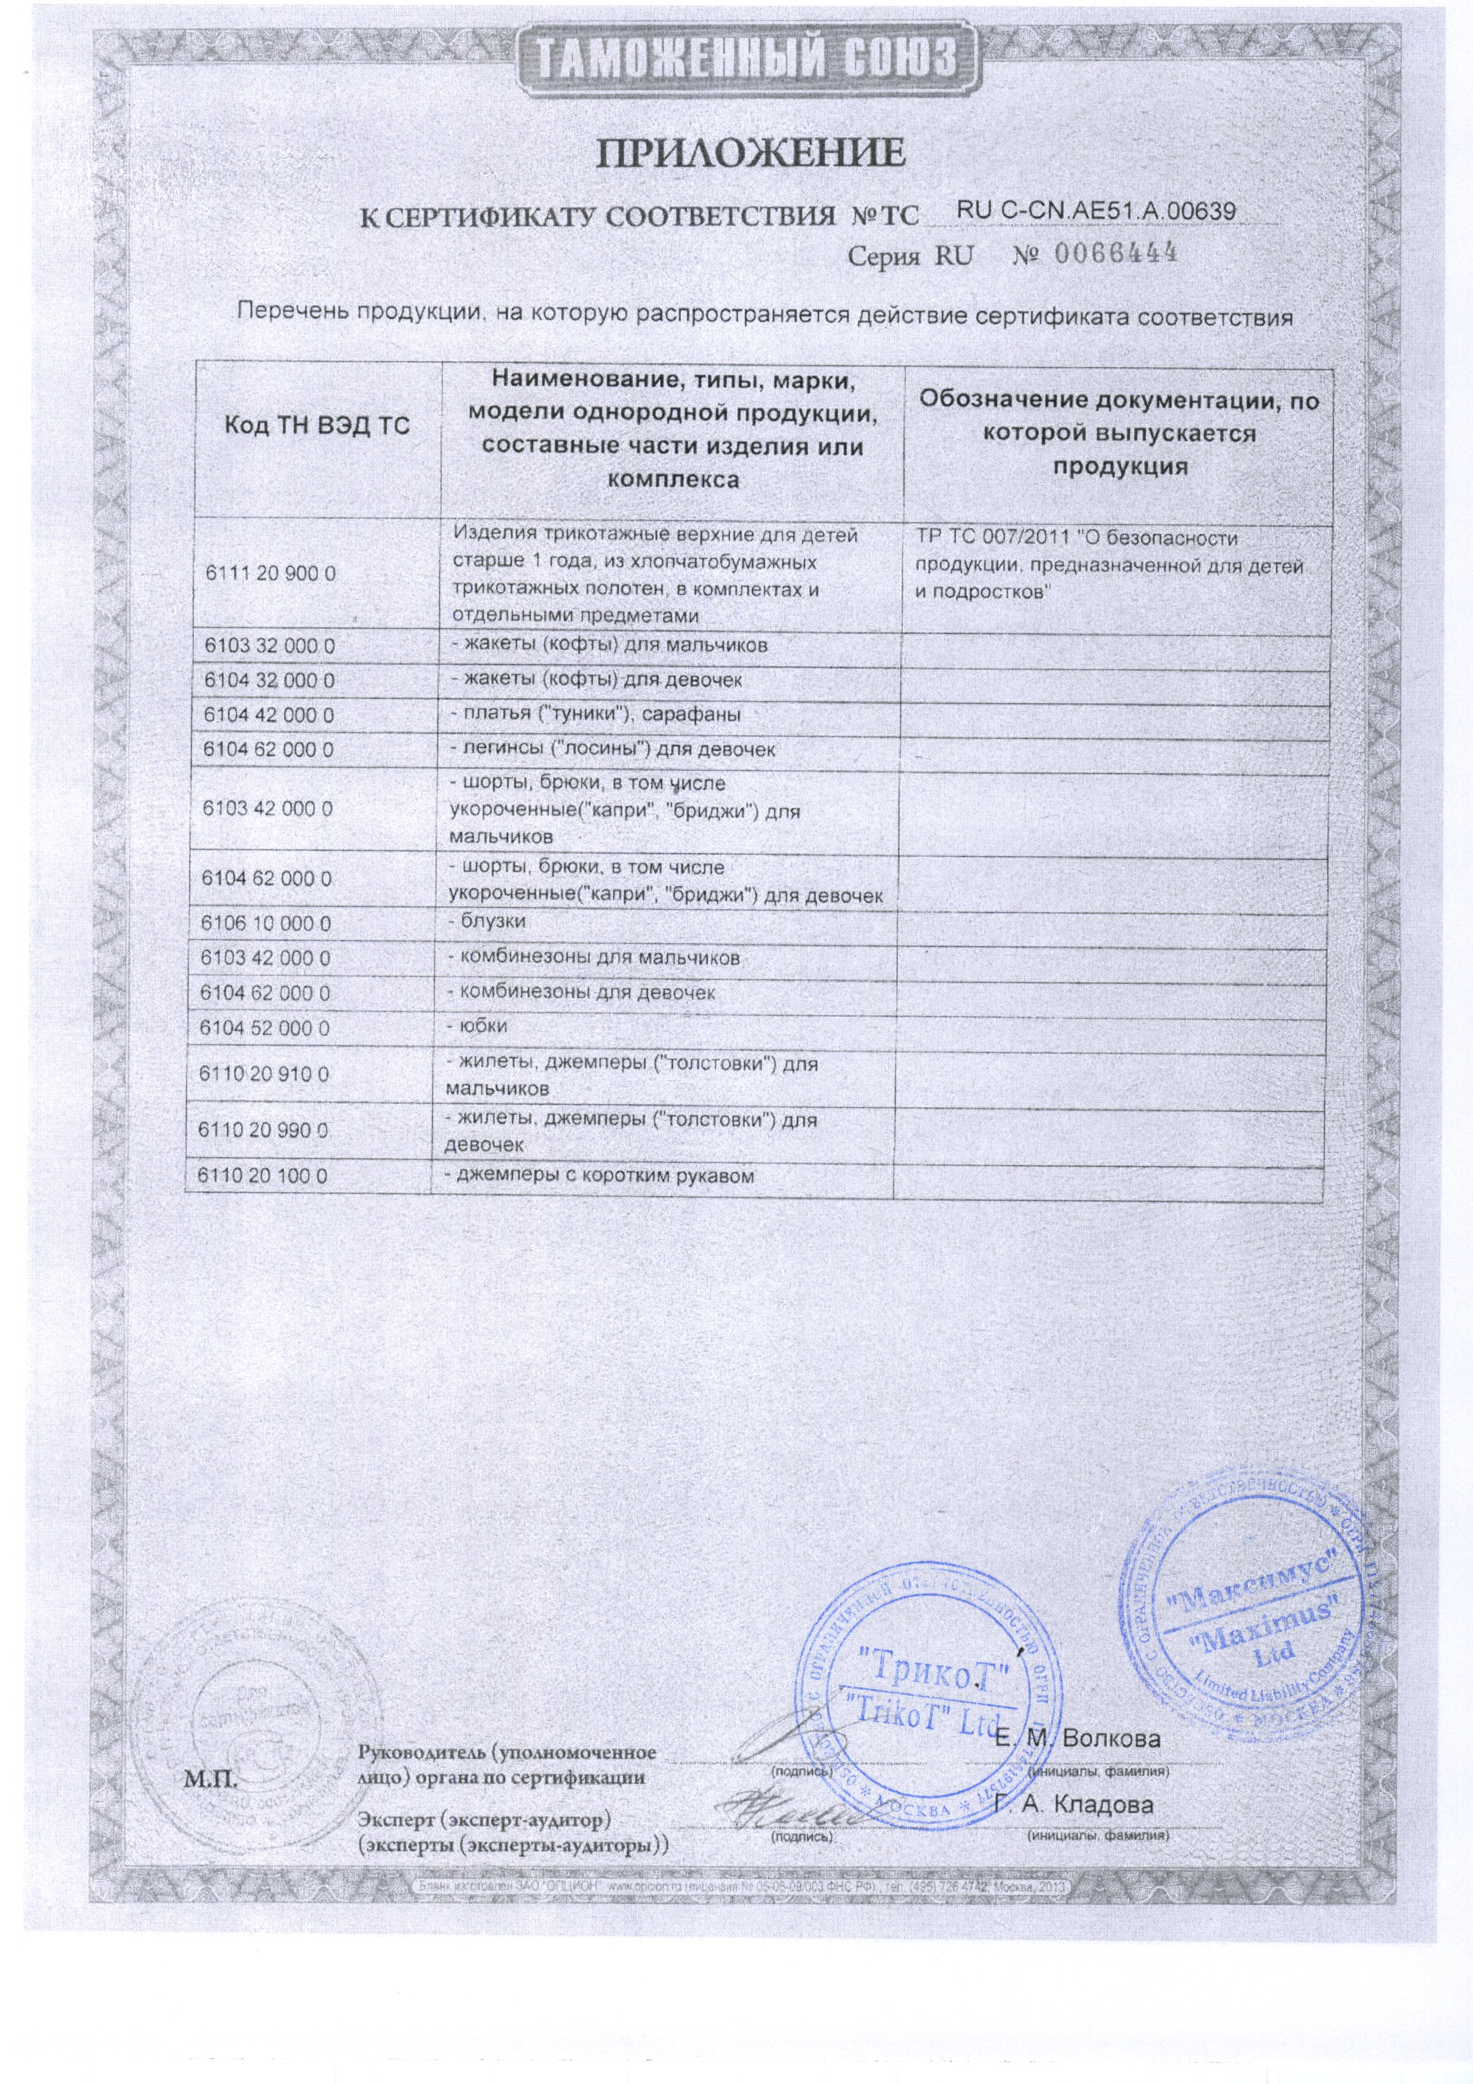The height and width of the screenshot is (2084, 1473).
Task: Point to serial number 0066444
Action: coord(1114,252)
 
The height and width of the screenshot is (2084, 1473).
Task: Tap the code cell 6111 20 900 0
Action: coord(270,574)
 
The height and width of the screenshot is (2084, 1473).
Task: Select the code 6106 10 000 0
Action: coord(267,923)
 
